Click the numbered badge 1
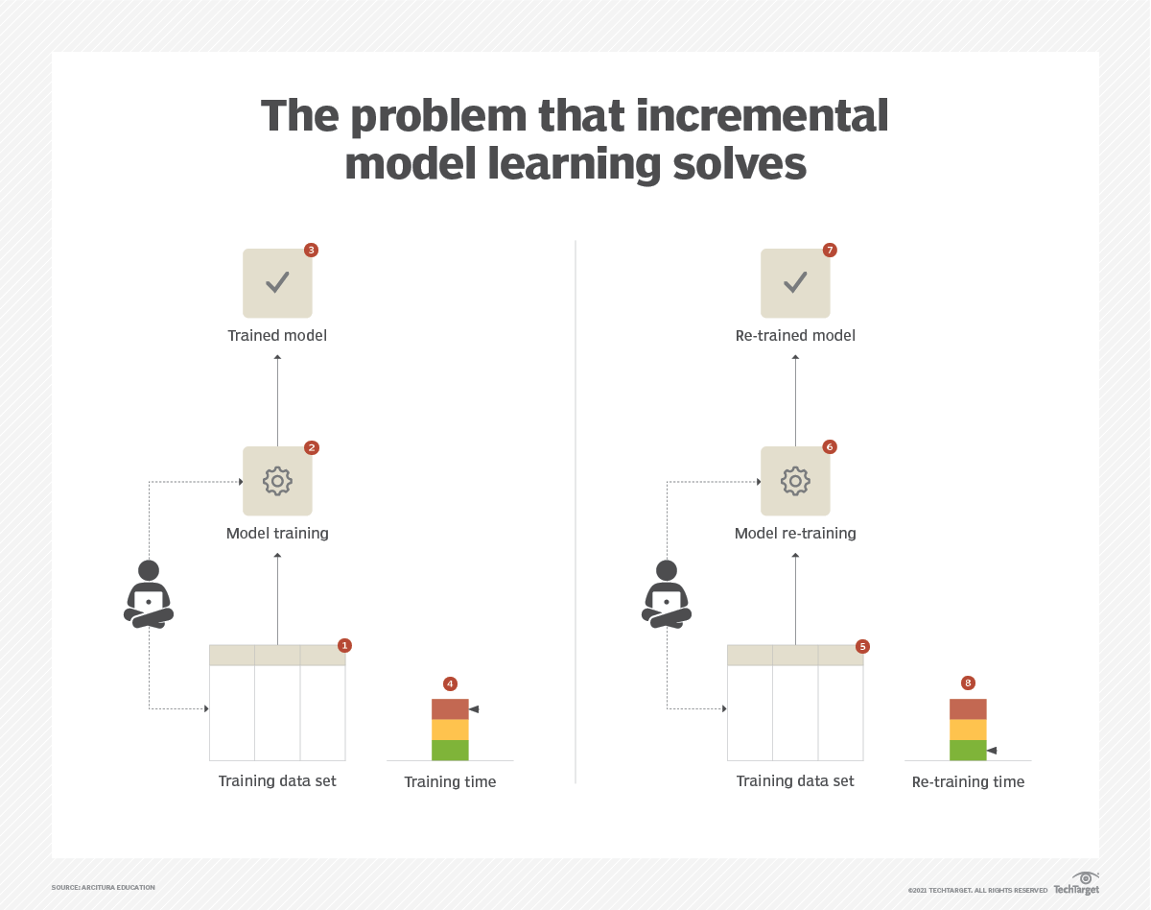point(345,646)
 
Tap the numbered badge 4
point(450,683)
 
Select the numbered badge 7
point(830,251)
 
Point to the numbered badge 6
point(830,447)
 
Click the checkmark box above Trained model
point(277,283)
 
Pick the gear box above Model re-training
point(795,481)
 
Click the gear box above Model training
point(277,481)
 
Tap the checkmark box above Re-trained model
point(795,283)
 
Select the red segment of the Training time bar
point(450,709)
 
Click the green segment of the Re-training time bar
point(968,750)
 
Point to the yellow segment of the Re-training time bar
point(968,730)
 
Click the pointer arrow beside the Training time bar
point(474,709)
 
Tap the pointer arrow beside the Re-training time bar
point(992,750)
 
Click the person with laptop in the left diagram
point(149,595)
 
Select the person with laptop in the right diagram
point(667,595)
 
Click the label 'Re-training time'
point(968,781)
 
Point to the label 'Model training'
point(277,533)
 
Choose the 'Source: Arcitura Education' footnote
point(104,887)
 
